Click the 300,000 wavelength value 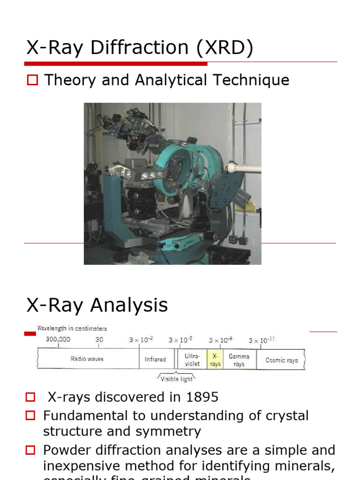[x=58, y=340]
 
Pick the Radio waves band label [x=88, y=359]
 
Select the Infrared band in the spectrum [x=155, y=360]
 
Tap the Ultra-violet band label [x=192, y=360]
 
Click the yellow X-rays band [x=215, y=360]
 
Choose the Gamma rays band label [x=239, y=360]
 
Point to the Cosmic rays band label [x=281, y=360]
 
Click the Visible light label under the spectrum [x=176, y=379]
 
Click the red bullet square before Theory [x=32, y=80]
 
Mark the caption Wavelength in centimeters [x=72, y=329]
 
